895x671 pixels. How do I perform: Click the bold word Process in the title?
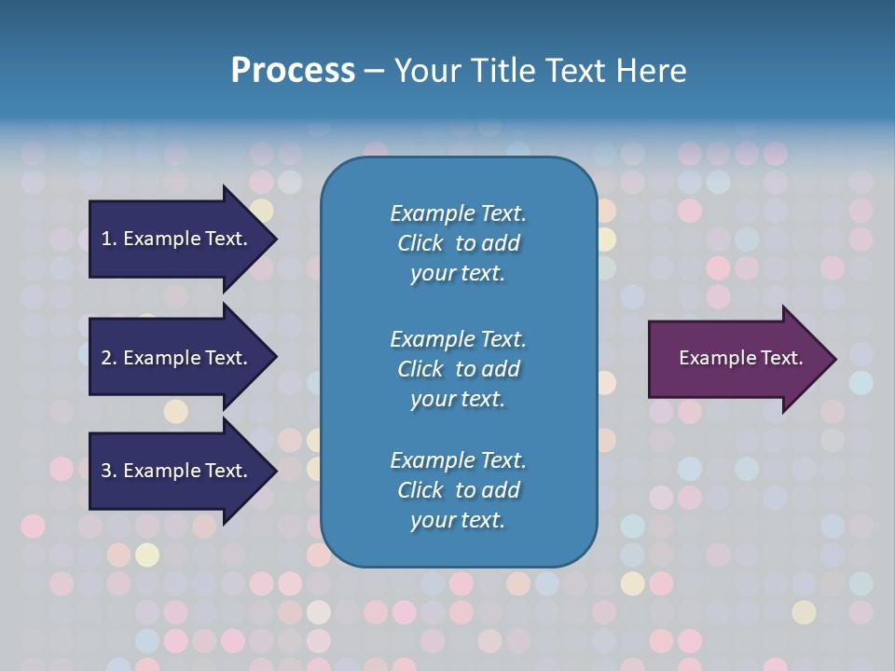tap(293, 71)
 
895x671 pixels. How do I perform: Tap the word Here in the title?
tap(652, 71)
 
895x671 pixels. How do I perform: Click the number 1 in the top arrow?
tap(106, 239)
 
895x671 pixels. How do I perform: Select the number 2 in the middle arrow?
tap(106, 358)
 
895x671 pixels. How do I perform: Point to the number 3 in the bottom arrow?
tap(106, 471)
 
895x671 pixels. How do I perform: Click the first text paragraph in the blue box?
tap(458, 243)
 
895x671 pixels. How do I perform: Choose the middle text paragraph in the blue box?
tap(458, 368)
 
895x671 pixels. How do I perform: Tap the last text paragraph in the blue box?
tap(458, 490)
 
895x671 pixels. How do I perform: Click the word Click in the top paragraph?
tap(420, 243)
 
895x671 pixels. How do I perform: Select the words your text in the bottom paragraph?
tap(458, 520)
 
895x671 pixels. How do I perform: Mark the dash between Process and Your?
tap(375, 71)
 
